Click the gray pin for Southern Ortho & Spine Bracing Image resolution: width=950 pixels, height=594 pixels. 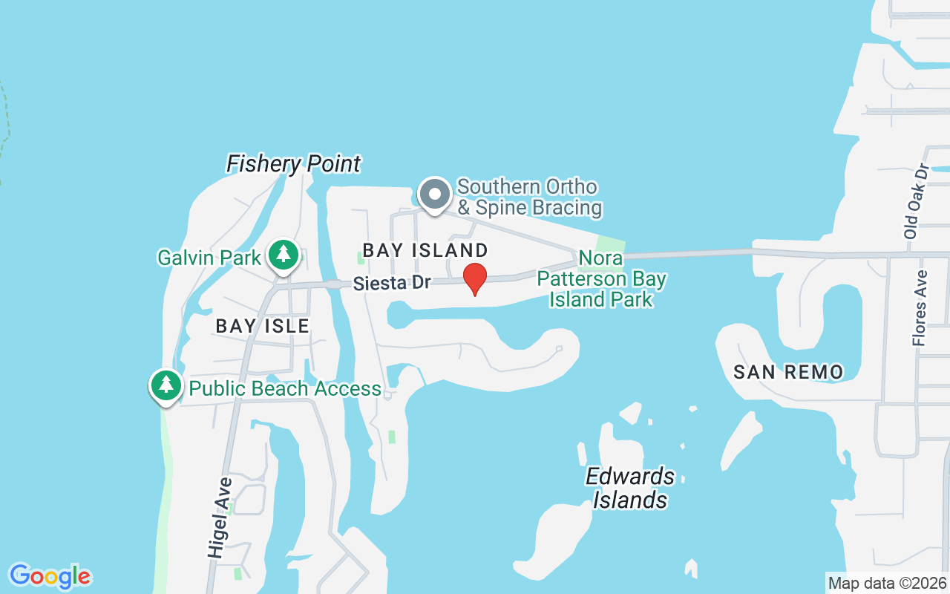click(x=434, y=195)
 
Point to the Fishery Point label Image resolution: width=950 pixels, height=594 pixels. click(x=294, y=163)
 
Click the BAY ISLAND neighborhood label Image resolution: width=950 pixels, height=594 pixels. click(x=425, y=250)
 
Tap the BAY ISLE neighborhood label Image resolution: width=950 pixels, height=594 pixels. click(x=262, y=325)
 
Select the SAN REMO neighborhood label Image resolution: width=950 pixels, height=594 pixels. click(x=788, y=372)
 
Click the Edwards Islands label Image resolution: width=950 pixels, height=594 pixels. click(x=630, y=488)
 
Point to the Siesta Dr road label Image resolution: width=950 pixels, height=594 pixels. click(x=392, y=283)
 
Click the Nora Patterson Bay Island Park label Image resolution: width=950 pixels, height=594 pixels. click(x=601, y=279)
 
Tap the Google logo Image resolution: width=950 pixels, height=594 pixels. click(x=50, y=576)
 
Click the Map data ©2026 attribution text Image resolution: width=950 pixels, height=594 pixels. click(x=888, y=583)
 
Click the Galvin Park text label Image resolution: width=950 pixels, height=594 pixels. click(x=209, y=258)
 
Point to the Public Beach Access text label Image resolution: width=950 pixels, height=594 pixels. click(x=285, y=388)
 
